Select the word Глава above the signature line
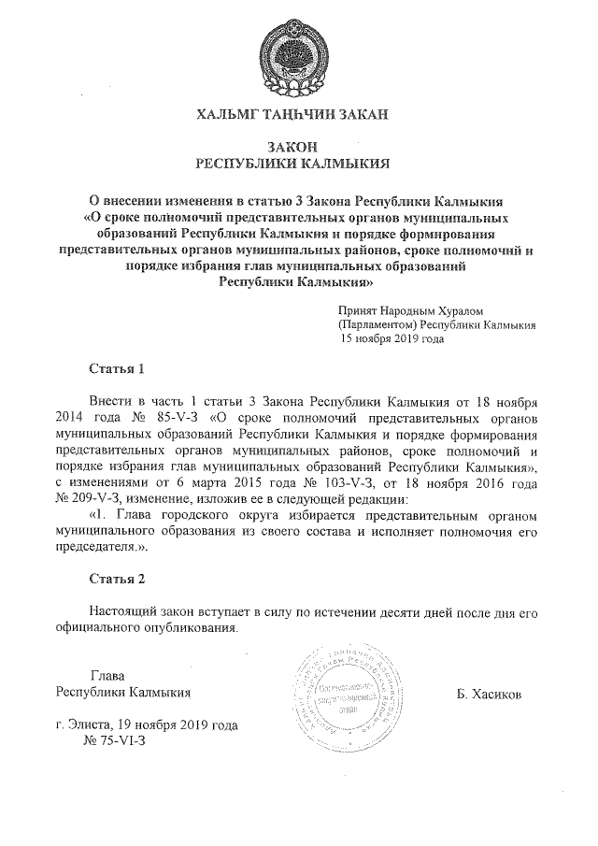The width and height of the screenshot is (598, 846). tap(107, 677)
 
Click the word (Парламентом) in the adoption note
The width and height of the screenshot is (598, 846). tap(378, 324)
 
